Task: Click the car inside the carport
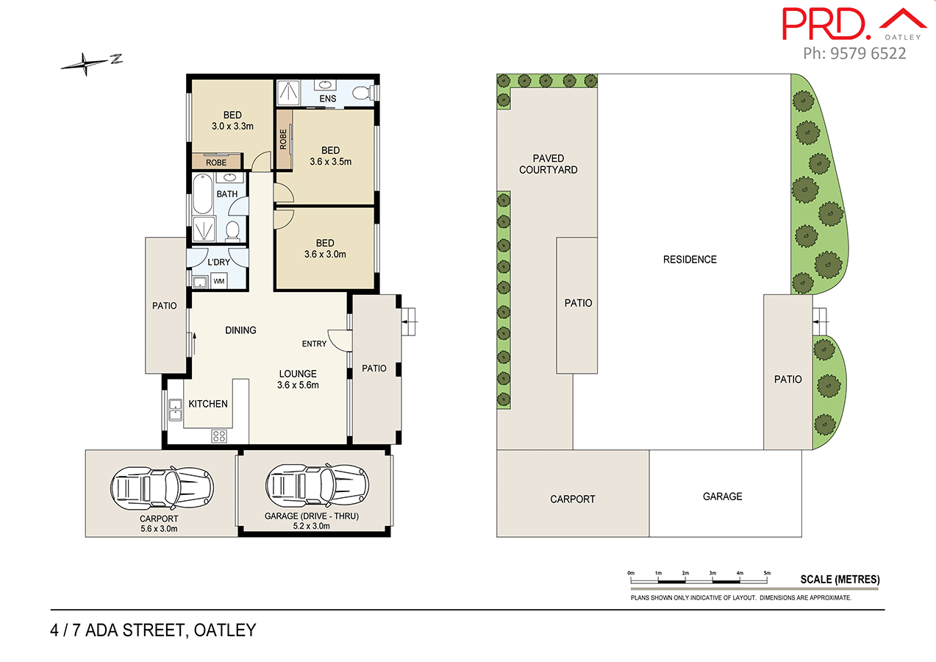pyautogui.click(x=162, y=486)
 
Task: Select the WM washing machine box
pyautogui.click(x=218, y=281)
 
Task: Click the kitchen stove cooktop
pyautogui.click(x=219, y=435)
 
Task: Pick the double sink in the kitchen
pyautogui.click(x=175, y=409)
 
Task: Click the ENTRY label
pyautogui.click(x=314, y=344)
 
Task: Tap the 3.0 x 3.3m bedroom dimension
pyautogui.click(x=232, y=126)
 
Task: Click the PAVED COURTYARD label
pyautogui.click(x=549, y=164)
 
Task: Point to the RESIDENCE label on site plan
pyautogui.click(x=689, y=259)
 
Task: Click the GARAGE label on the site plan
pyautogui.click(x=722, y=496)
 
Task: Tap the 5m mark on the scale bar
pyautogui.click(x=767, y=573)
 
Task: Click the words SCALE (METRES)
pyautogui.click(x=840, y=580)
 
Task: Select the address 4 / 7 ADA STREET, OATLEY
pyautogui.click(x=153, y=630)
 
